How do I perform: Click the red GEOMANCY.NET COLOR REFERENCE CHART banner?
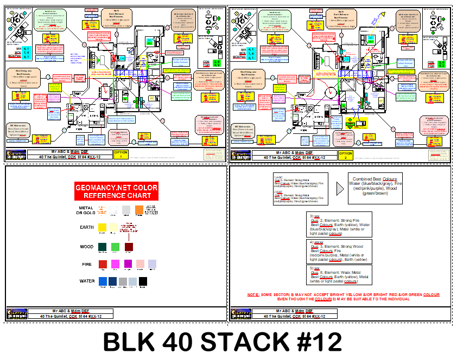[x=116, y=191]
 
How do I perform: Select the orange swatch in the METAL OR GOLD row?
[x=139, y=209]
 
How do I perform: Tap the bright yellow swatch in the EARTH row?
[x=102, y=228]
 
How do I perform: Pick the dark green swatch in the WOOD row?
[x=102, y=247]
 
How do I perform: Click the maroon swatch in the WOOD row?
[x=129, y=247]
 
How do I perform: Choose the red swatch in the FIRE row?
[x=103, y=264]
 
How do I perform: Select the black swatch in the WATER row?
[x=143, y=281]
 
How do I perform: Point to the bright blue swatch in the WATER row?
[x=103, y=281]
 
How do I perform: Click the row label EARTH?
[x=86, y=228]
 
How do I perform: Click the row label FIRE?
[x=87, y=264]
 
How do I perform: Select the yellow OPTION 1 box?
[x=120, y=155]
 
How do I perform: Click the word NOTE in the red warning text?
[x=252, y=295]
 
